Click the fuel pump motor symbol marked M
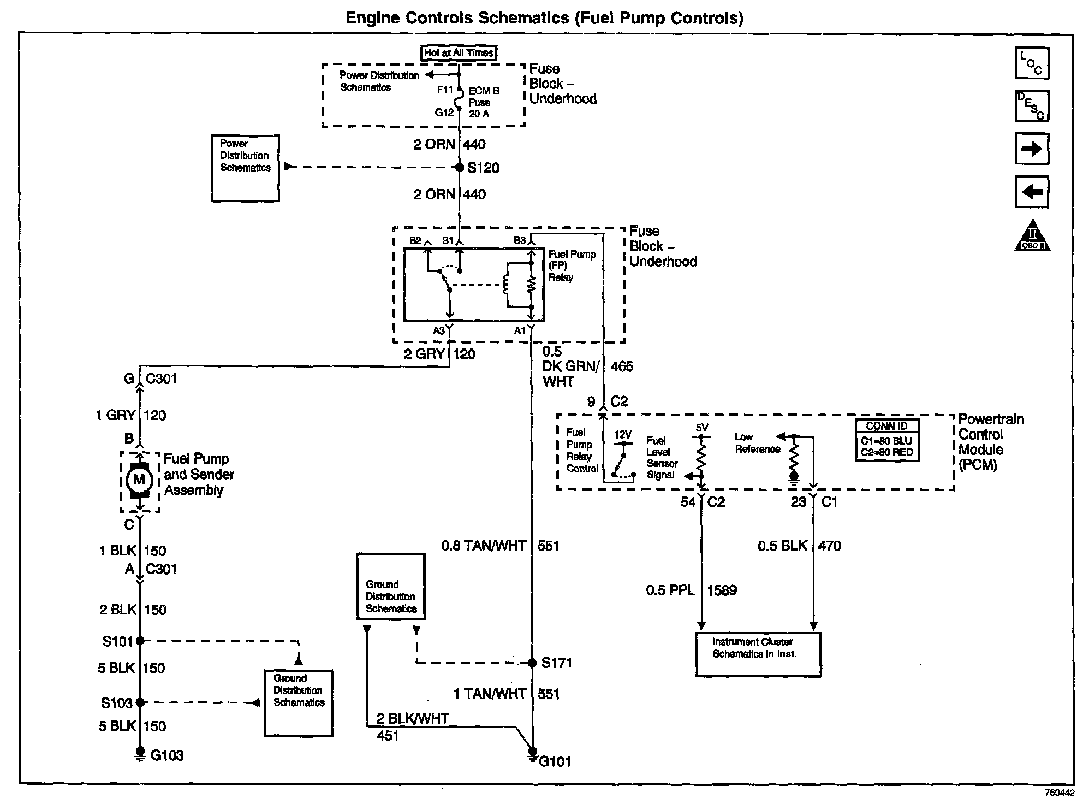coord(139,480)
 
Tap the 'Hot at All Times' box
coord(459,53)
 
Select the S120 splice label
coord(483,168)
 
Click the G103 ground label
coord(167,755)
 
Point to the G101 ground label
coord(555,761)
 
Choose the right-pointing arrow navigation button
coord(1032,149)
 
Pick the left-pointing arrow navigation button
coord(1032,192)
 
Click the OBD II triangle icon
coord(1032,235)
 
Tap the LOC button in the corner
coord(1032,63)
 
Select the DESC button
coord(1032,106)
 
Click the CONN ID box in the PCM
coord(887,440)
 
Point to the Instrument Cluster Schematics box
coord(758,654)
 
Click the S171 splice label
coord(557,663)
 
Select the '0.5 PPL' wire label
coord(670,590)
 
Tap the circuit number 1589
coord(722,590)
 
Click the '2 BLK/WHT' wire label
coord(413,719)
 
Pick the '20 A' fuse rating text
coord(479,114)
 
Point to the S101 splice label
coord(118,641)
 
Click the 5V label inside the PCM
coord(702,428)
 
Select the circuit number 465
coord(622,366)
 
